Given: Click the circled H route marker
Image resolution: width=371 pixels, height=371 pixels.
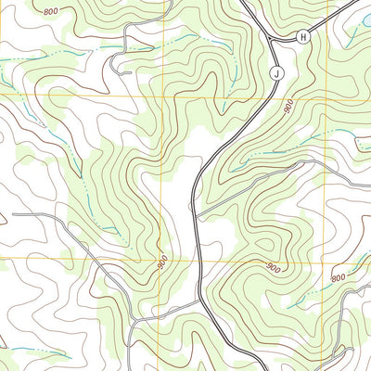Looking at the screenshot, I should [x=302, y=36].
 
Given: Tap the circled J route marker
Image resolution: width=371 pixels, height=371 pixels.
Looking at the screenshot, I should [x=276, y=71].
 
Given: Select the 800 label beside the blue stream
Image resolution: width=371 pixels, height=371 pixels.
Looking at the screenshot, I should [x=338, y=277].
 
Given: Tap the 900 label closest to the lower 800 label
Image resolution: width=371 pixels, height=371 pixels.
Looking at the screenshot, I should [x=273, y=268].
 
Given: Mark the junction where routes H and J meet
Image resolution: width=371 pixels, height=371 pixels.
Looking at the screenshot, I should [x=271, y=40].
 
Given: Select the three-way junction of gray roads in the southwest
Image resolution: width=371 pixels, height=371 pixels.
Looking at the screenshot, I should [x=134, y=320].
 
